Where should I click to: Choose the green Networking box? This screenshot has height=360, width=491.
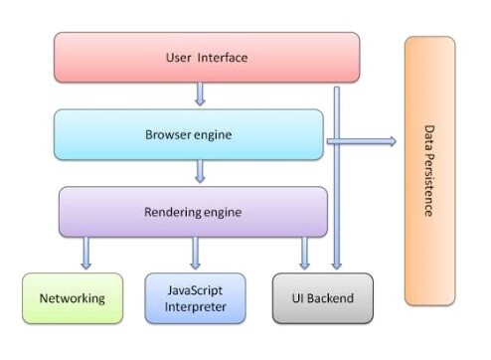pos(73,298)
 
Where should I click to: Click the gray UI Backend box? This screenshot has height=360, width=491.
pos(323,298)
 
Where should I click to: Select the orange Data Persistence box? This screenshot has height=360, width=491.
pos(429,171)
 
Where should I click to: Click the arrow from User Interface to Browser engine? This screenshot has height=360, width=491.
pos(200,95)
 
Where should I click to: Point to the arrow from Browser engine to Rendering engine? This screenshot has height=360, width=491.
pos(200,172)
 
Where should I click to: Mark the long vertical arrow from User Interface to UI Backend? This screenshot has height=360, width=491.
pos(337,179)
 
